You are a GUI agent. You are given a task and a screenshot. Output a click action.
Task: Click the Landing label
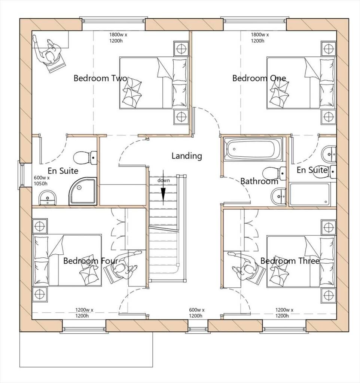(187, 156)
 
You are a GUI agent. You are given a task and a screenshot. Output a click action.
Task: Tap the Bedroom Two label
(100, 78)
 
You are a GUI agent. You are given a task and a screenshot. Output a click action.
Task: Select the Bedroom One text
(259, 78)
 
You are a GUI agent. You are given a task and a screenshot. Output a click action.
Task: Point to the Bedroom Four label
(91, 261)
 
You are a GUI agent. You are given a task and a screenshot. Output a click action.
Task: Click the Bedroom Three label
(290, 261)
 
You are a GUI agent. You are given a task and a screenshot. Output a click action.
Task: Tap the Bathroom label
(259, 181)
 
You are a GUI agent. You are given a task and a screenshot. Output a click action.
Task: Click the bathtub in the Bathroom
(253, 149)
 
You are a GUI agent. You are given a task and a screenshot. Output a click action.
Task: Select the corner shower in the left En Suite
(83, 191)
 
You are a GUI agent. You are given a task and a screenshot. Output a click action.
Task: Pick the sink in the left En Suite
(48, 197)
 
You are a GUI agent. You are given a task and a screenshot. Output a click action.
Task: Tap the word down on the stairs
(164, 181)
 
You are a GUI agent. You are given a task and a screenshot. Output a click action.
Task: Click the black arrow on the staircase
(163, 187)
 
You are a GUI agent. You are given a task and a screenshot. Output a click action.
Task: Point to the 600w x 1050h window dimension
(42, 181)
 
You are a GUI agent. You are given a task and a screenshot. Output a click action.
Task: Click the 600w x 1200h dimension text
(196, 313)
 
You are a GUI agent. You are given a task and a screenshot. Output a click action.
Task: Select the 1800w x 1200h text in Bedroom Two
(118, 38)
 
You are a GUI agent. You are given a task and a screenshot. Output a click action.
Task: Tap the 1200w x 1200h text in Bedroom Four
(84, 313)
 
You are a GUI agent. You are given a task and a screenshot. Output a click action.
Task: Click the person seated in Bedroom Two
(49, 53)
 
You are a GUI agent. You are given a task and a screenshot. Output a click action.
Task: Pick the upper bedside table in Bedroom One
(329, 49)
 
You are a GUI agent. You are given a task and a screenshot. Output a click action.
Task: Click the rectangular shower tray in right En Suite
(309, 194)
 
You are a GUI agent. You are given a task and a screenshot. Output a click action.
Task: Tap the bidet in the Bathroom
(278, 196)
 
